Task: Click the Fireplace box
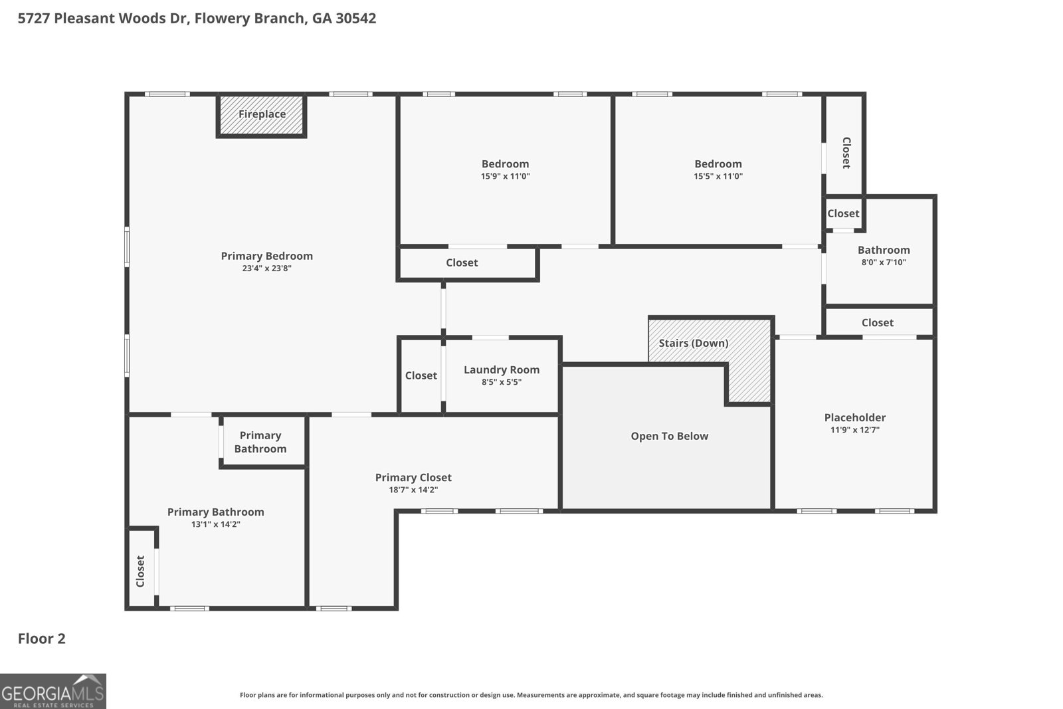(x=262, y=114)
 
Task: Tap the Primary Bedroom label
(x=266, y=256)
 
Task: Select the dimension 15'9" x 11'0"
(x=505, y=176)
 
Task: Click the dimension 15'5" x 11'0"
(x=718, y=176)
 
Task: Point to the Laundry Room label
(x=501, y=369)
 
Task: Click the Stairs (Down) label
(x=693, y=343)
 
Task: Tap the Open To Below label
(x=669, y=436)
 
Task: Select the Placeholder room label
(x=854, y=417)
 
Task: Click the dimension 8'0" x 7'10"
(x=883, y=262)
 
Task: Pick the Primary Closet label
(x=413, y=477)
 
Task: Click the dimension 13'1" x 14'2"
(x=215, y=524)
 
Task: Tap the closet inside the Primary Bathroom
(x=141, y=570)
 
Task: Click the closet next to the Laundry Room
(x=421, y=375)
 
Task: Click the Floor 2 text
(x=41, y=639)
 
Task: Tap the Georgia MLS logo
(x=52, y=691)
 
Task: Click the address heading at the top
(x=197, y=18)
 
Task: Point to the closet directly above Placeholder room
(x=877, y=322)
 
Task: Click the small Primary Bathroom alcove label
(x=260, y=442)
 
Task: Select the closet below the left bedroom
(x=462, y=262)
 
